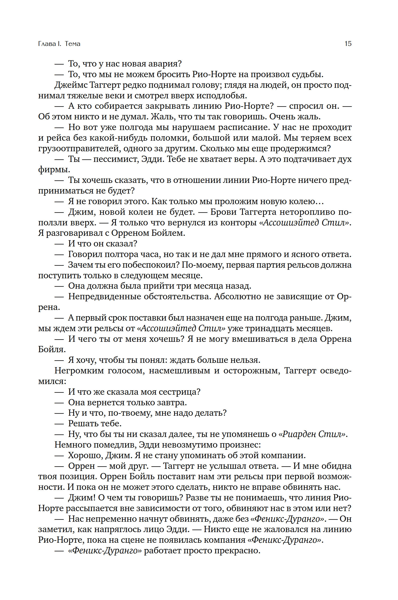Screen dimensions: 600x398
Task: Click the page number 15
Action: (x=348, y=44)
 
